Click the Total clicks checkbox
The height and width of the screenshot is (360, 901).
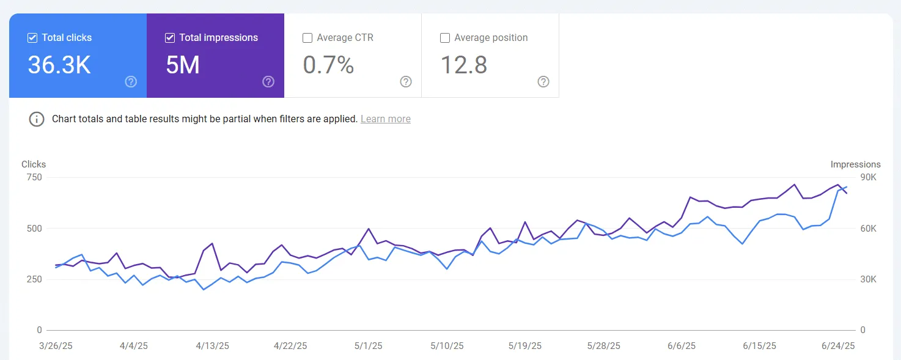pos(32,38)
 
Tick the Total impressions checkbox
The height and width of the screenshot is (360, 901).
pos(170,38)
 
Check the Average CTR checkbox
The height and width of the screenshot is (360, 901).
pos(307,38)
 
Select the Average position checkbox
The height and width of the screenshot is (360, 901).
pos(445,38)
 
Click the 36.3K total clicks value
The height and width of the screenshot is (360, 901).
pos(59,65)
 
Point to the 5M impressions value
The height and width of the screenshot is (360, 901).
pos(183,65)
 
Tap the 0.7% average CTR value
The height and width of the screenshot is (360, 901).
pos(328,65)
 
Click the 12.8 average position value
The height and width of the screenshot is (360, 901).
pos(464,65)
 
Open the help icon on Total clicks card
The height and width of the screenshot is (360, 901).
pos(131,82)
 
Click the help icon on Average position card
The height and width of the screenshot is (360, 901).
pos(543,82)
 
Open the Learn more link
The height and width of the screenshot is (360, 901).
pos(385,119)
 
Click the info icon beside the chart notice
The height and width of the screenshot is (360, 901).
pos(37,119)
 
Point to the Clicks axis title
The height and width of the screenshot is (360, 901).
pos(34,164)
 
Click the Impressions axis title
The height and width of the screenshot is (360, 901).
pos(855,164)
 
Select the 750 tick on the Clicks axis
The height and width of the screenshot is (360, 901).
pos(34,177)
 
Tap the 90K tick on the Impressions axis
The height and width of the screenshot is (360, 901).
pos(869,177)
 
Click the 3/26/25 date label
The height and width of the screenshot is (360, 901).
pos(55,346)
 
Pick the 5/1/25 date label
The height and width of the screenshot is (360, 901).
pos(368,346)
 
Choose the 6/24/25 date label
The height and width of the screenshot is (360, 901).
pos(837,346)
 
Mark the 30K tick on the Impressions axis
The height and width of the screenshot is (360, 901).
pos(869,279)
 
